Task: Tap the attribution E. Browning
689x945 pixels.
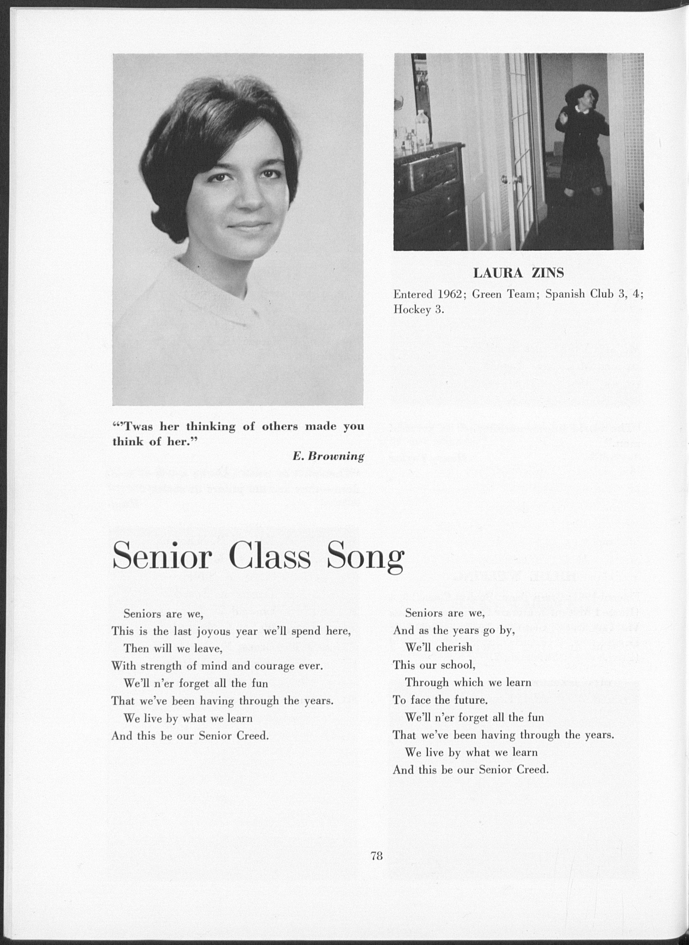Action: tap(328, 456)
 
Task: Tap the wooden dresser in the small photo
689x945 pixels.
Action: tap(429, 187)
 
